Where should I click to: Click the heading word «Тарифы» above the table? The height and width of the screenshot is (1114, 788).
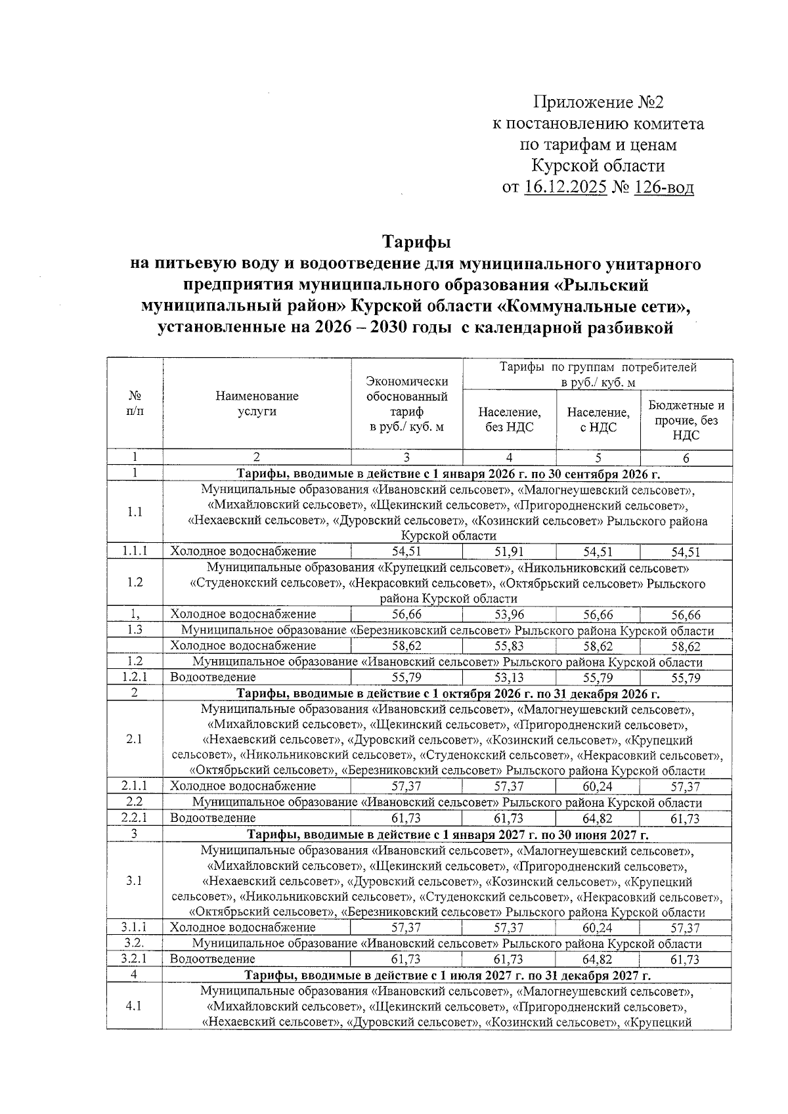[x=416, y=242]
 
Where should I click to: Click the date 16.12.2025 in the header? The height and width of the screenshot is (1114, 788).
[x=565, y=188]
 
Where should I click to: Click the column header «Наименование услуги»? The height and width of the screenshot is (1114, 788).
[x=257, y=404]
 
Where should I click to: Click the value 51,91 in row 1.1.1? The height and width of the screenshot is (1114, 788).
[x=509, y=551]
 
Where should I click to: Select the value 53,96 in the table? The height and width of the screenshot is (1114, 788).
[x=509, y=614]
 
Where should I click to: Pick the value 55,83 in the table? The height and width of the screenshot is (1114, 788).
[x=509, y=646]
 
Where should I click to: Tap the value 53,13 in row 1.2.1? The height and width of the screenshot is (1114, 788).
[x=509, y=677]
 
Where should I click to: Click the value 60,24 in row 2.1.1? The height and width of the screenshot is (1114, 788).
[x=598, y=786]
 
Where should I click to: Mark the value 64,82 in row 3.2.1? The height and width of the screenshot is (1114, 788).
[x=598, y=960]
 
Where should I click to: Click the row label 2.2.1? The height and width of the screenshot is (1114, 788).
[x=134, y=818]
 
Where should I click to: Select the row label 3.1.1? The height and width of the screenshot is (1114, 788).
[x=134, y=928]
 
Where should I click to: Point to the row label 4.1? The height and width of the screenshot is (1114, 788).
[x=134, y=1006]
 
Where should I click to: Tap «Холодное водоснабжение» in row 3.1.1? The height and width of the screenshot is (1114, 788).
[x=243, y=928]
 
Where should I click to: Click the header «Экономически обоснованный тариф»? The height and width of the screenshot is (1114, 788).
[x=406, y=404]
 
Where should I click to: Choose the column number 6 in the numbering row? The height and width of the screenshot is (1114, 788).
[x=686, y=458]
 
